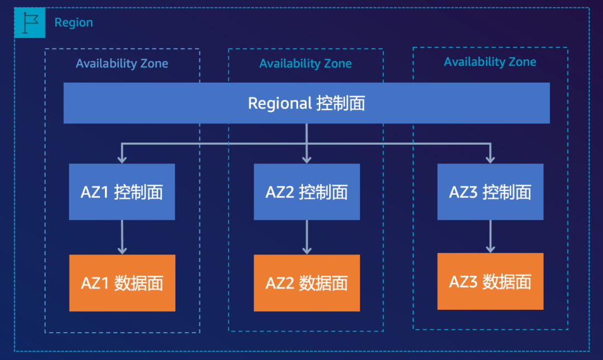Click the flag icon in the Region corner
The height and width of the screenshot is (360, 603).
pyautogui.click(x=30, y=23)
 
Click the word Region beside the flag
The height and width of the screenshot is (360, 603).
pyautogui.click(x=74, y=23)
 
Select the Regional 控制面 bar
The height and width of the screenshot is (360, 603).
pyautogui.click(x=307, y=103)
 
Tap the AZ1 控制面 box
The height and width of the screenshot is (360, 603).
pyautogui.click(x=122, y=192)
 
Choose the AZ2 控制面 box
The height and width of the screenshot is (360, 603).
pyautogui.click(x=307, y=192)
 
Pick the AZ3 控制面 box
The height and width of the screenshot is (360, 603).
pyautogui.click(x=490, y=192)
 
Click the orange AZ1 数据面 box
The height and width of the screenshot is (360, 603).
pyautogui.click(x=122, y=283)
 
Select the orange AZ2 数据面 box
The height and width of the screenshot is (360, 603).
pyautogui.click(x=307, y=283)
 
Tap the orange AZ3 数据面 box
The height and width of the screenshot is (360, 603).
pyautogui.click(x=490, y=281)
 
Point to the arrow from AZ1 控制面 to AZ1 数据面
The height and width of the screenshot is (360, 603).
pyautogui.click(x=122, y=237)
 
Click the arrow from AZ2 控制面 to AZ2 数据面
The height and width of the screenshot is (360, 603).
pyautogui.click(x=307, y=237)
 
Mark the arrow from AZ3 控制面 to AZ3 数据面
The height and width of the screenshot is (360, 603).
pyautogui.click(x=490, y=237)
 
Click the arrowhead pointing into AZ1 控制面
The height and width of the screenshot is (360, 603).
pyautogui.click(x=122, y=159)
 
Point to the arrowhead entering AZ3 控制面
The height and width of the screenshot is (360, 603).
pyautogui.click(x=490, y=159)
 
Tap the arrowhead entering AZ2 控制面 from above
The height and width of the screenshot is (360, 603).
pyautogui.click(x=307, y=159)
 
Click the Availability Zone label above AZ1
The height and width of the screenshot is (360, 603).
pyautogui.click(x=122, y=64)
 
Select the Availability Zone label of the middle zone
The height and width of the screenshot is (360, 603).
pyautogui.click(x=305, y=64)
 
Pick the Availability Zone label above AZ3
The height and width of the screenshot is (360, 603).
pyautogui.click(x=490, y=62)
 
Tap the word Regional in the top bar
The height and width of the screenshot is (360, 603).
pyautogui.click(x=280, y=104)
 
